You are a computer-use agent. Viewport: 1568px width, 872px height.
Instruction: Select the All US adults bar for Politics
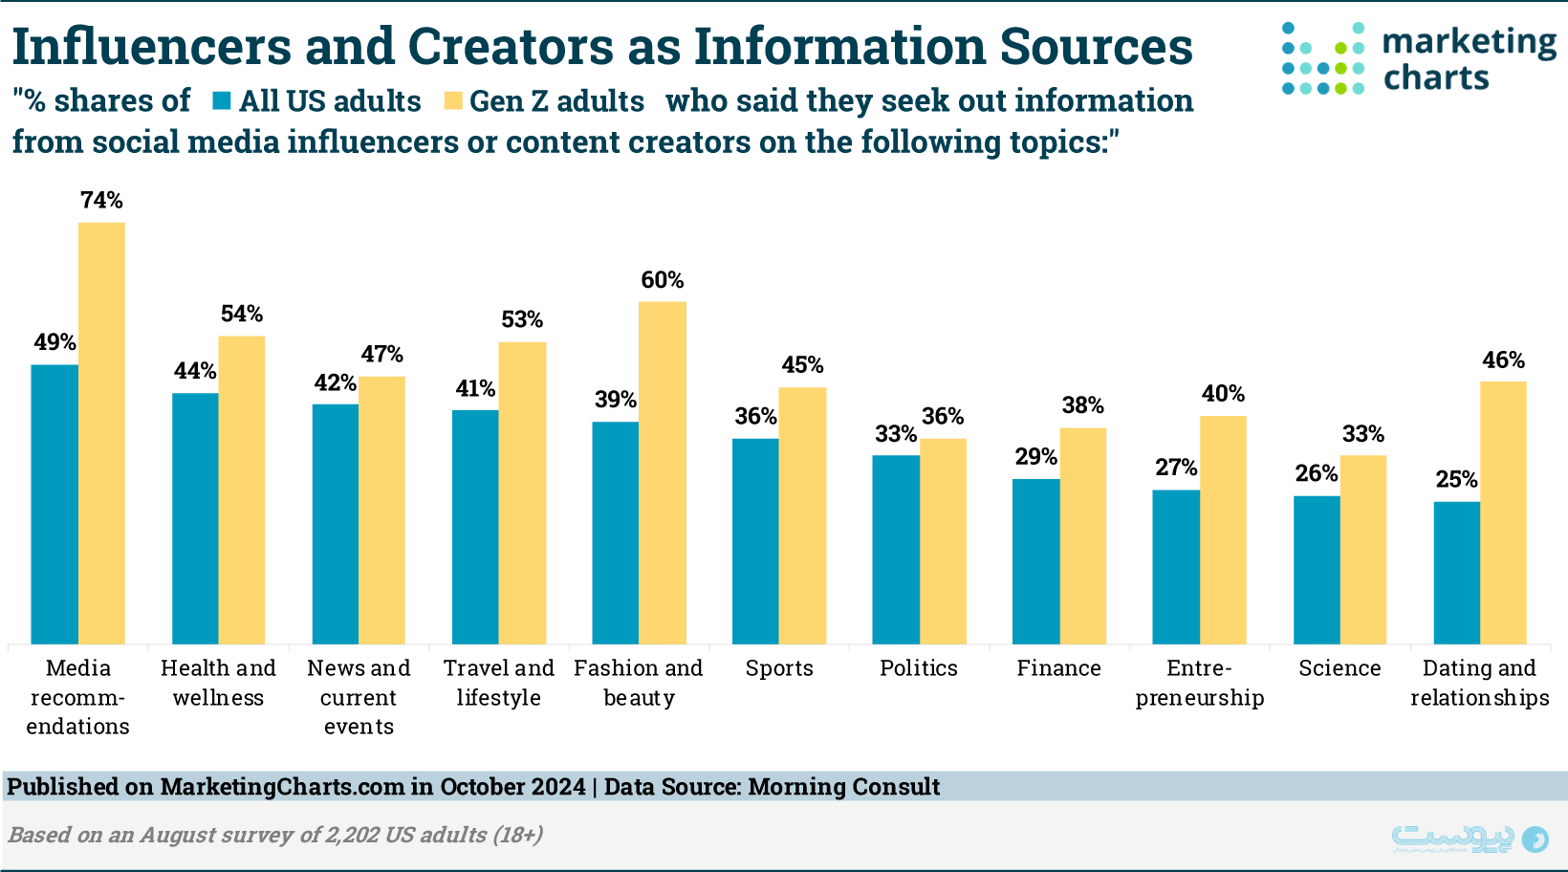click(x=896, y=550)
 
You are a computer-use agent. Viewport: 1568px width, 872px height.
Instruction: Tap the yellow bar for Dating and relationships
click(x=1503, y=512)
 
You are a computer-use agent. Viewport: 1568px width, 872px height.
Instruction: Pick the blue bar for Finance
click(x=1036, y=561)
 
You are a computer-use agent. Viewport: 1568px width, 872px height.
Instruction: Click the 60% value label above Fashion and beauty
click(x=662, y=280)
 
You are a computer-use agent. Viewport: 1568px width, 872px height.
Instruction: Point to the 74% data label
click(x=101, y=200)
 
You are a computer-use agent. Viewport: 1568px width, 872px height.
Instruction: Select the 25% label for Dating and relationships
click(x=1456, y=479)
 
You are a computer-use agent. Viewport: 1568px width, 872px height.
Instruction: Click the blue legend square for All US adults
click(x=222, y=101)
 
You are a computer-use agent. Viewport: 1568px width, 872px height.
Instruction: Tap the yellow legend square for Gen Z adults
click(x=453, y=101)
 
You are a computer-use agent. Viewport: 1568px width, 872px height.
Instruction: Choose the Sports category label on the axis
click(x=779, y=668)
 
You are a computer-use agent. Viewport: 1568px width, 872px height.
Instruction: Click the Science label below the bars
click(x=1339, y=668)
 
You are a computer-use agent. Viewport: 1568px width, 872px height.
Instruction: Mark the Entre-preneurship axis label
click(x=1200, y=683)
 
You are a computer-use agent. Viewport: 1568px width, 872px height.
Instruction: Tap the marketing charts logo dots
click(x=1323, y=59)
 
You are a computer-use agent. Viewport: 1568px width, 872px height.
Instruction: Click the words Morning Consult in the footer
click(x=843, y=787)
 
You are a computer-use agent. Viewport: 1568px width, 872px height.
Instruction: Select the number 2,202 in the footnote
click(x=352, y=835)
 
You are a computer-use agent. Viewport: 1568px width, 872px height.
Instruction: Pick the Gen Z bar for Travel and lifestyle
click(x=522, y=492)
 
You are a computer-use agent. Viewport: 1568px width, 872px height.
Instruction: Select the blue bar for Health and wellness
click(x=195, y=518)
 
